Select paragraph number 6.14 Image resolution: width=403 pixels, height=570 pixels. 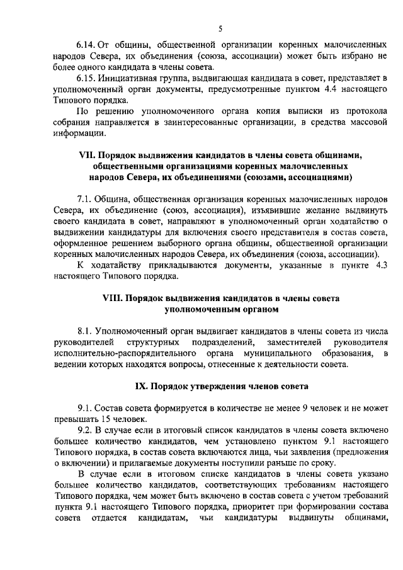(x=86, y=46)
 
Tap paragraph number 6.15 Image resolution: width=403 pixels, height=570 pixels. (x=86, y=78)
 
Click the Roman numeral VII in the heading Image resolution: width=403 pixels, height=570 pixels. (x=84, y=154)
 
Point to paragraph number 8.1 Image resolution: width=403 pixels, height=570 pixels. (x=84, y=330)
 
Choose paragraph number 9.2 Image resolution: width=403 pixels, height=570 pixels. (x=84, y=429)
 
